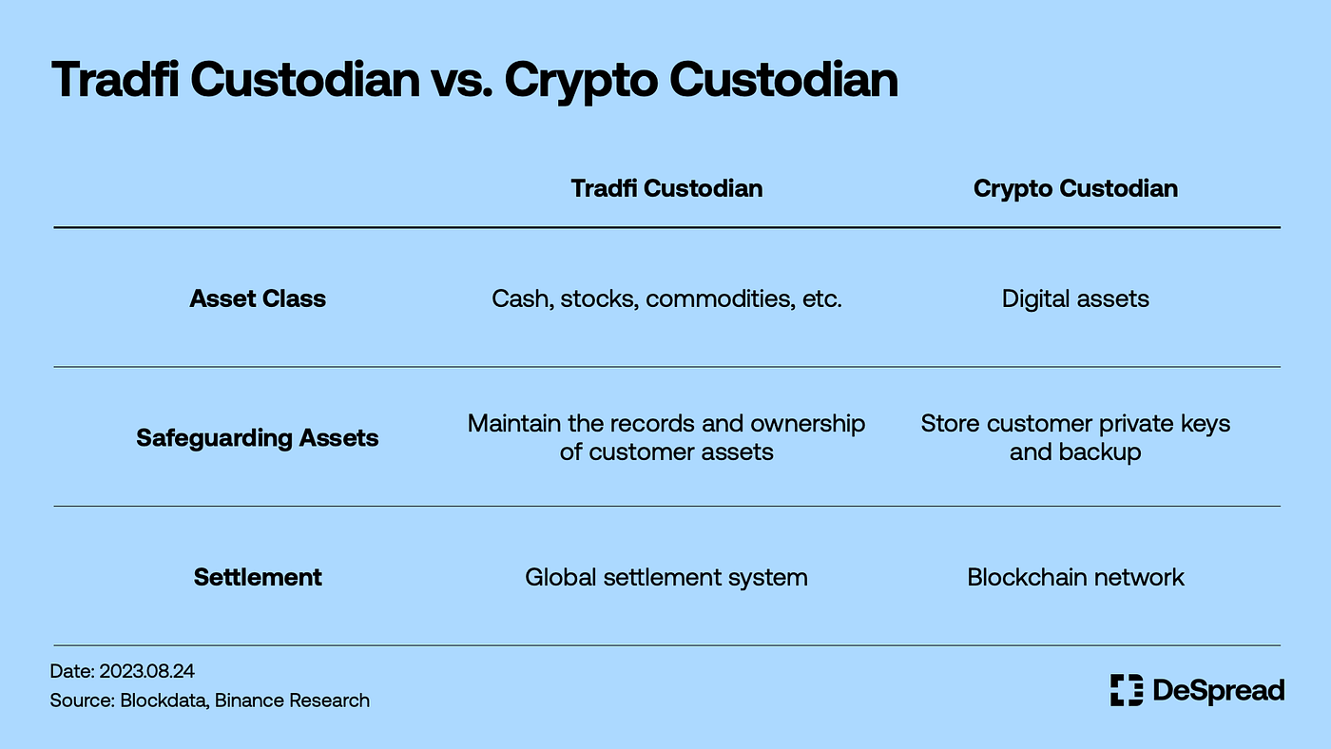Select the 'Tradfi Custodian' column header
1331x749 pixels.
666,188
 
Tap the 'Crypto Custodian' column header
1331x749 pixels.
1075,188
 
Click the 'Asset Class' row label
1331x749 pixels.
258,298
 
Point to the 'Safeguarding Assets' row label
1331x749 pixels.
258,438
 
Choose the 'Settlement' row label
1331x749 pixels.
258,577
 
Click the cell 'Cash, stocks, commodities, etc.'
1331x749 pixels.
666,298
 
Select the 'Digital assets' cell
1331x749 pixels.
1075,298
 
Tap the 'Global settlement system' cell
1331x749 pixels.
666,577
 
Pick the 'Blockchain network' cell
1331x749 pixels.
1075,577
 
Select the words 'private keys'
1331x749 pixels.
1159,423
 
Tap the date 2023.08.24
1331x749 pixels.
146,671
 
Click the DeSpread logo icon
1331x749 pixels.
1127,690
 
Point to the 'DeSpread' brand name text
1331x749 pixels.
1218,690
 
